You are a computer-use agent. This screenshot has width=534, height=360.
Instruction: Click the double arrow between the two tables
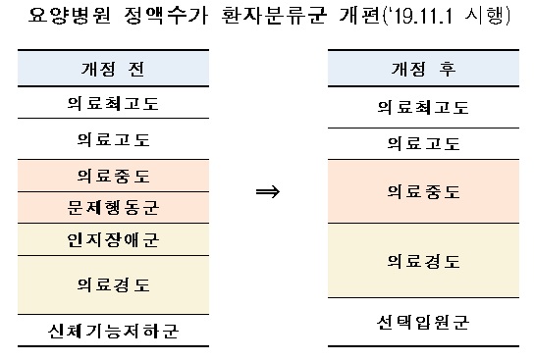[268, 191]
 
